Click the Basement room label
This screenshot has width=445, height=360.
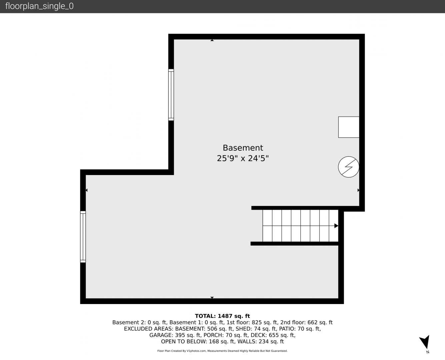[x=243, y=148]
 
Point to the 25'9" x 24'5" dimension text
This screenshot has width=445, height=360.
[x=243, y=158]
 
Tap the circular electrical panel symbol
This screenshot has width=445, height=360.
[x=348, y=167]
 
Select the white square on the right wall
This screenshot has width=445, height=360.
[x=349, y=127]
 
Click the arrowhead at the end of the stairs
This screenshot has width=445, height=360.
[x=336, y=226]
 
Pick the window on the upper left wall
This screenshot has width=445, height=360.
[x=171, y=95]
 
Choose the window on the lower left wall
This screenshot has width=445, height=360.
[x=83, y=237]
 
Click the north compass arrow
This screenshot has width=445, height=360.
[x=425, y=342]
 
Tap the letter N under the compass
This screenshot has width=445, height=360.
[x=428, y=352]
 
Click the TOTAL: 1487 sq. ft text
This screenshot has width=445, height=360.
[x=222, y=316]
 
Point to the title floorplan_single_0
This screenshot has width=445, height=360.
[x=39, y=6]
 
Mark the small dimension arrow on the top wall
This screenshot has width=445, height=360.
[x=212, y=40]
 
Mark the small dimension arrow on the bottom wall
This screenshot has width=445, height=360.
[x=212, y=297]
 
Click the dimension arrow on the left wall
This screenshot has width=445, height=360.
[x=86, y=190]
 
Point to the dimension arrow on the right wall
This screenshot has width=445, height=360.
[x=358, y=190]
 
